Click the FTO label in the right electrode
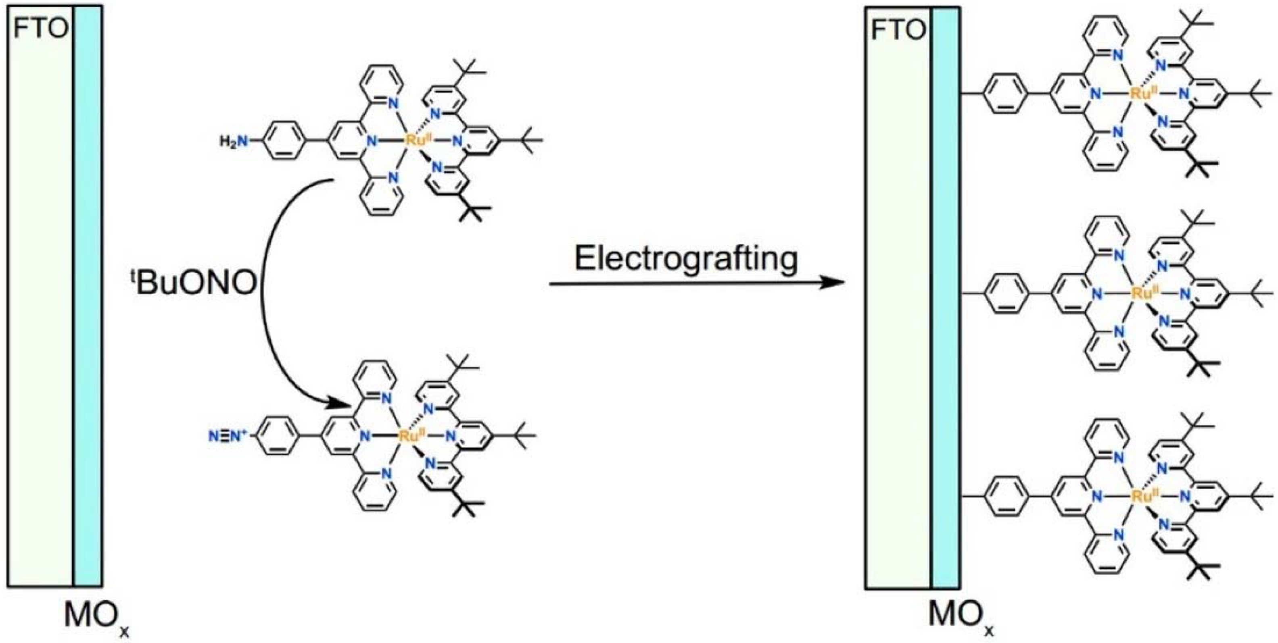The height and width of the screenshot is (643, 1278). point(898,31)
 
